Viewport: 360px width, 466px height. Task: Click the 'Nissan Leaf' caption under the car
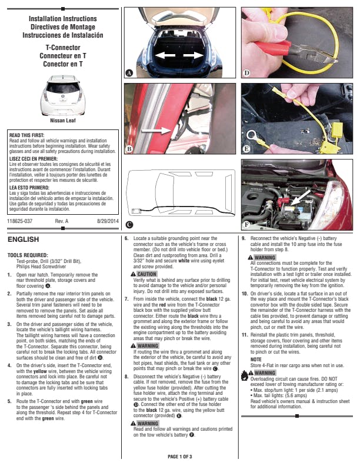click(63, 121)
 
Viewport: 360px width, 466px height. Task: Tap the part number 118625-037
click(20, 221)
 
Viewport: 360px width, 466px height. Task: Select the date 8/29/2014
click(108, 221)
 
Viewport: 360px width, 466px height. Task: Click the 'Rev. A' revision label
click(62, 221)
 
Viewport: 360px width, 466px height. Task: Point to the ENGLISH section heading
click(23, 239)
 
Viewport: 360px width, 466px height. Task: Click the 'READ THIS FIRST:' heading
click(26, 135)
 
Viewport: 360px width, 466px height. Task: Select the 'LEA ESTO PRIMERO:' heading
click(29, 188)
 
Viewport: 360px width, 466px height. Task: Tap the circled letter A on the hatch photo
click(129, 73)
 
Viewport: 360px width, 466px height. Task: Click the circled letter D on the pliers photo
click(246, 73)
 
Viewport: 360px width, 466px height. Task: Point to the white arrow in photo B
click(156, 130)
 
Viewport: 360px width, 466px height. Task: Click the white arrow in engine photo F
click(301, 197)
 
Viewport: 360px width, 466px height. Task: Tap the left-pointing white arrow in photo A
click(165, 55)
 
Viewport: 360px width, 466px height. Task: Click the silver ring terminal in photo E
click(252, 136)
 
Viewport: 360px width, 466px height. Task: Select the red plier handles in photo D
click(273, 48)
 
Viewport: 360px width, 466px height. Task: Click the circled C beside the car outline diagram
click(129, 225)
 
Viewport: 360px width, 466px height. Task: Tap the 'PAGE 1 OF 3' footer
click(180, 457)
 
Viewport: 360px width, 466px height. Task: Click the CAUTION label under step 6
click(146, 274)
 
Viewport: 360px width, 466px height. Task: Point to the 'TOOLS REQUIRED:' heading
click(28, 255)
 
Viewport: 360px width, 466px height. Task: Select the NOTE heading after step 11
click(256, 360)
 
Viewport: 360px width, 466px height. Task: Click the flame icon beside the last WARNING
click(244, 375)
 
